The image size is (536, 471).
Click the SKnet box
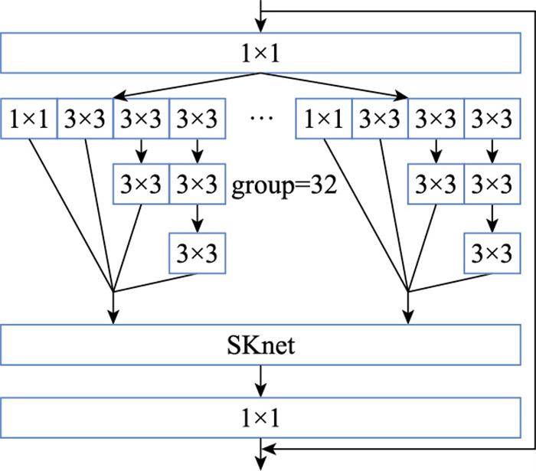pyautogui.click(x=263, y=346)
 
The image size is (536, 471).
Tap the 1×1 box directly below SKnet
pyautogui.click(x=263, y=417)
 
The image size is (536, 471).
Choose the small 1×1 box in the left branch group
pyautogui.click(x=29, y=120)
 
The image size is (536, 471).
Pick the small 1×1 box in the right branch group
pyautogui.click(x=324, y=120)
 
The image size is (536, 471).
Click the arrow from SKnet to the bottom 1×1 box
pyautogui.click(x=263, y=381)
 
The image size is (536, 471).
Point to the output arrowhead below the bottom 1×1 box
pyautogui.click(x=263, y=461)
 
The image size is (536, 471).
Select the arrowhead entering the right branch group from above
pyautogui.click(x=404, y=96)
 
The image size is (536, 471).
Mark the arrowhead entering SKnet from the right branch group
pyautogui.click(x=408, y=320)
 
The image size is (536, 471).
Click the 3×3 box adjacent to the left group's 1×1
pyautogui.click(x=85, y=120)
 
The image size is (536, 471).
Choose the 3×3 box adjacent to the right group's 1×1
pyautogui.click(x=380, y=120)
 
